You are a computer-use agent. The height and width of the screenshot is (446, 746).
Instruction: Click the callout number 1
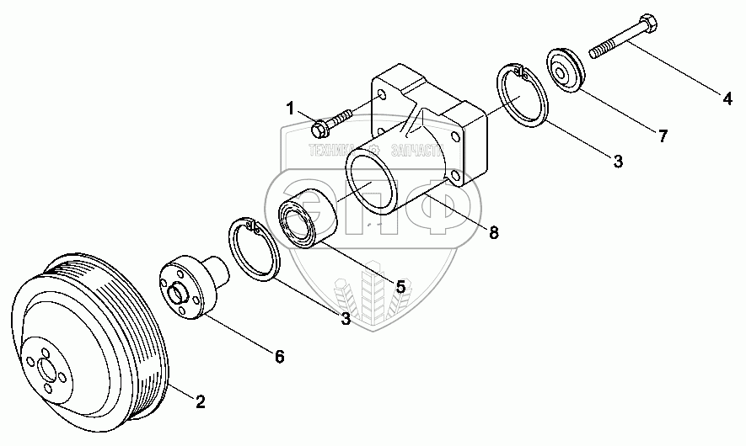tap(290, 108)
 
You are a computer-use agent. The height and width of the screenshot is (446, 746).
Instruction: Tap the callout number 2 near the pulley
tap(200, 402)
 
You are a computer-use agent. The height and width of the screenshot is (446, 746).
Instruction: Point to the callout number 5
tap(400, 286)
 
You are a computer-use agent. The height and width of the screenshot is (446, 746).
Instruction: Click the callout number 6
tap(279, 357)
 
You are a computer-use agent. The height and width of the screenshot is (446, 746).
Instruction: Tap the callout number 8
tap(494, 232)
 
